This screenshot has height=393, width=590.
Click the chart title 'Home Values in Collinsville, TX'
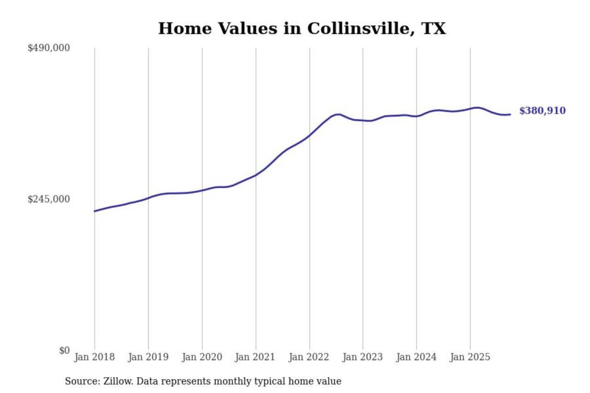(302, 29)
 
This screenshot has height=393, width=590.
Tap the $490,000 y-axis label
(49, 48)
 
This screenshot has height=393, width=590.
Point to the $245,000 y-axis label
(49, 199)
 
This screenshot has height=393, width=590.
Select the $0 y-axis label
(64, 350)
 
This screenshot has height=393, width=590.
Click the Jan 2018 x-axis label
(94, 357)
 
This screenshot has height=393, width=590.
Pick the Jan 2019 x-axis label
(148, 357)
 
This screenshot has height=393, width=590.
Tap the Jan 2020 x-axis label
(202, 357)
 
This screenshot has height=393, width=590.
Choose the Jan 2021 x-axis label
(255, 357)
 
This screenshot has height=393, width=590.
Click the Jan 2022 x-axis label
(309, 357)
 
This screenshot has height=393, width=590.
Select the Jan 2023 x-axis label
(362, 357)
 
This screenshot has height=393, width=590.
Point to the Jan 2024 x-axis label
(416, 357)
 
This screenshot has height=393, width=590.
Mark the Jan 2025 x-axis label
(470, 357)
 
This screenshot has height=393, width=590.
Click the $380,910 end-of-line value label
(542, 111)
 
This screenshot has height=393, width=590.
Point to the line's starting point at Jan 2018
(95, 211)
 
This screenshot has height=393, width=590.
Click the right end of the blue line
(510, 114)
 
